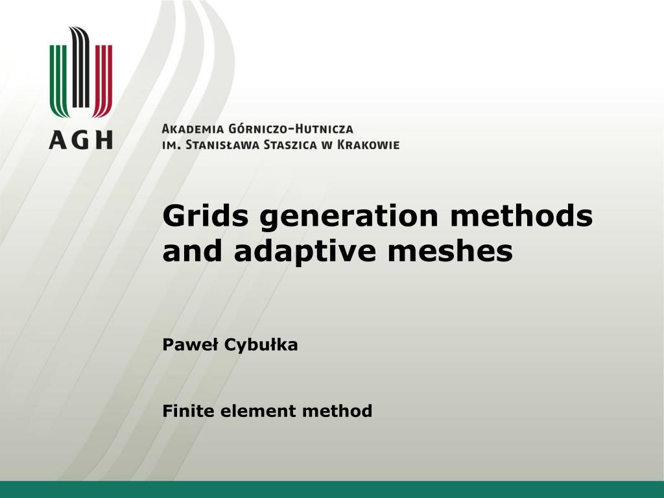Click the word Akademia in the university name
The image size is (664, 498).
pos(193,129)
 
